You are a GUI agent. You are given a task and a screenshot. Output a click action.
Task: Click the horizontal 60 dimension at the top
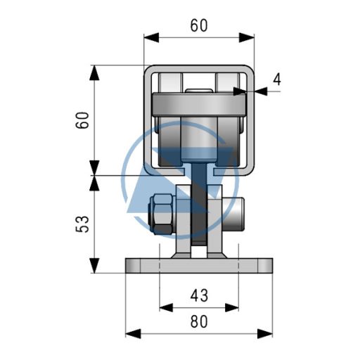click(x=199, y=25)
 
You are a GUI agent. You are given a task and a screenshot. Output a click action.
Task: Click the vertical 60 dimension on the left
click(x=82, y=120)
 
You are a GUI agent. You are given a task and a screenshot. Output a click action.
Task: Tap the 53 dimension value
click(x=82, y=224)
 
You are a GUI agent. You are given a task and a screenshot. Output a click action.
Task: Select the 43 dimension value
click(x=199, y=295)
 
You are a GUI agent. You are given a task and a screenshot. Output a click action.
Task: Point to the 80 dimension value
click(x=199, y=321)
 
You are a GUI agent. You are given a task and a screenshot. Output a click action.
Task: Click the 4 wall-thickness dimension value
click(x=277, y=79)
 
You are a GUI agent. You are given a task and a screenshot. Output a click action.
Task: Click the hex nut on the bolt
click(x=162, y=214)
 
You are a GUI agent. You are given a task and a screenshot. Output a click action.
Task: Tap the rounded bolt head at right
click(x=233, y=214)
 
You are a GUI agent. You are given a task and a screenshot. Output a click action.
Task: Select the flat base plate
click(x=199, y=266)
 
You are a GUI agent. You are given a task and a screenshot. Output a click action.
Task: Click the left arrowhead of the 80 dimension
click(x=133, y=334)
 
